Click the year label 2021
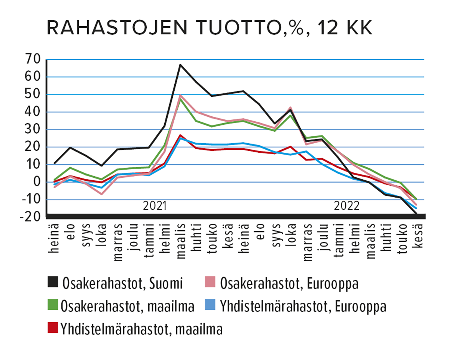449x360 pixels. pyautogui.click(x=155, y=206)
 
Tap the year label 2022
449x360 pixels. pyautogui.click(x=347, y=206)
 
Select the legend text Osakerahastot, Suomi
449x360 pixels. pyautogui.click(x=123, y=283)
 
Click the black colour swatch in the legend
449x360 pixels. pyautogui.click(x=54, y=283)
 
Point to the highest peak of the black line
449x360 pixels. pyautogui.click(x=180, y=65)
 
